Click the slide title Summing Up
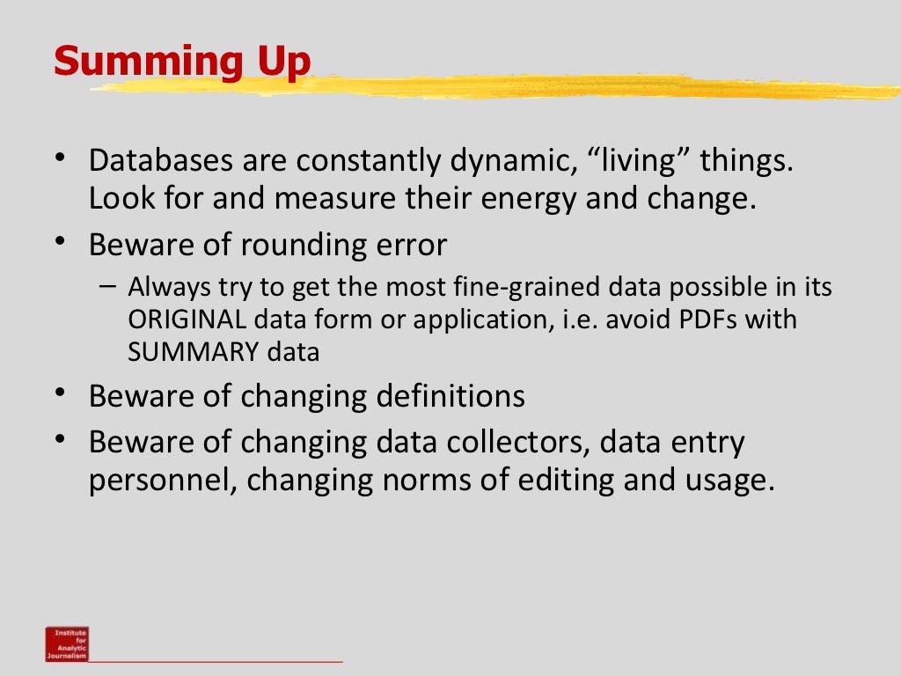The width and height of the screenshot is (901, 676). tap(182, 62)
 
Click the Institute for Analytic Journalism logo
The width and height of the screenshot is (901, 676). tap(67, 643)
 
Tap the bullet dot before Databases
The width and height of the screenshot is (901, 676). tap(60, 158)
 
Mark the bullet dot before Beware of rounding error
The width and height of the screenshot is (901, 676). tap(60, 241)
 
